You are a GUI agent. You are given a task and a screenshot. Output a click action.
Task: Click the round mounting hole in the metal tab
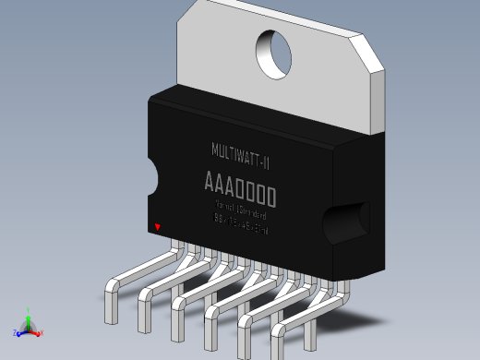(x=273, y=53)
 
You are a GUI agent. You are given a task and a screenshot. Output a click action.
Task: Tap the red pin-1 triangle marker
(x=157, y=227)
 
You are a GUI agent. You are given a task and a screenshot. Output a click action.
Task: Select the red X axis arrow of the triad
(x=37, y=331)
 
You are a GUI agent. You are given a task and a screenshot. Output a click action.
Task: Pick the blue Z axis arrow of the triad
(x=21, y=332)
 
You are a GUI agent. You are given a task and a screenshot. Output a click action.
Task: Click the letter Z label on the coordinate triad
(x=15, y=333)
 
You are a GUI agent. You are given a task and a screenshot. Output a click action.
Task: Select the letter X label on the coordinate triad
(x=42, y=332)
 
